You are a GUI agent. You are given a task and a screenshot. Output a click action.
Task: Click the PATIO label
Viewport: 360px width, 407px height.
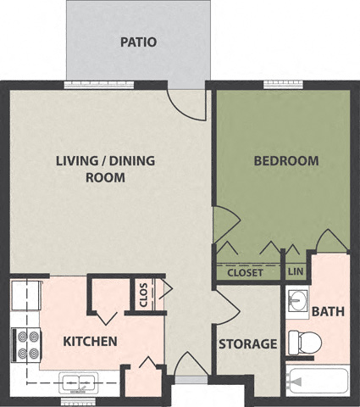138,42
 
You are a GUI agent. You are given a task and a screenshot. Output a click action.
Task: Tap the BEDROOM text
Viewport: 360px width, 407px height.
286,160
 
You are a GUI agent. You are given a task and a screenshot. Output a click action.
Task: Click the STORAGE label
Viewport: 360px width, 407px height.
248,344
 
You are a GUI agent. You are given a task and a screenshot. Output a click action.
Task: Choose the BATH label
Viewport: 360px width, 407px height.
328,311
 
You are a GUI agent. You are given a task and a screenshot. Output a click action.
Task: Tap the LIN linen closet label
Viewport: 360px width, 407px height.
296,271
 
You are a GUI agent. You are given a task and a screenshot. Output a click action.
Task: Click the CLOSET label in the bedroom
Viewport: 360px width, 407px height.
246,272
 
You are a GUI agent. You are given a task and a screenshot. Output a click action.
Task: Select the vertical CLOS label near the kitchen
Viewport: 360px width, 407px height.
143,296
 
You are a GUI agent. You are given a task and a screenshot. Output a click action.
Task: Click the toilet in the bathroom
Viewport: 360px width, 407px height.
302,342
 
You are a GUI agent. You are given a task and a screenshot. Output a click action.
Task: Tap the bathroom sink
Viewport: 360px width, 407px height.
296,302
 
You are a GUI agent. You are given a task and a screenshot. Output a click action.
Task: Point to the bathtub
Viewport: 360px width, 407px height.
318,382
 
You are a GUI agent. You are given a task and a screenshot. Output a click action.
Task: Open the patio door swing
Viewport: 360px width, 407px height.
188,102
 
